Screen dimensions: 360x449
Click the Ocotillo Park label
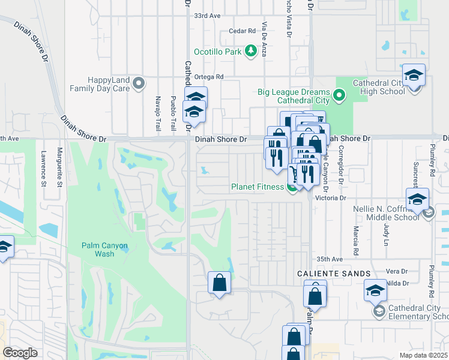(x=219, y=52)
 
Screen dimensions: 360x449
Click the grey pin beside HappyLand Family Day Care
(x=139, y=83)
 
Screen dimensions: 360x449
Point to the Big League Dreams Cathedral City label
(x=294, y=96)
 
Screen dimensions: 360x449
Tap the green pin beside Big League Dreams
(x=339, y=95)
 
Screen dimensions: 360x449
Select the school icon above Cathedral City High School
(x=414, y=76)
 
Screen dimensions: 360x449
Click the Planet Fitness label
(x=258, y=187)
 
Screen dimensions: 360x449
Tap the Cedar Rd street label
(x=238, y=32)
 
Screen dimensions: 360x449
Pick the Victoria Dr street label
(x=335, y=197)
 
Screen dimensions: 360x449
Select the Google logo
(x=20, y=353)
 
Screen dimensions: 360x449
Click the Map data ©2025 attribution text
(x=423, y=355)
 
